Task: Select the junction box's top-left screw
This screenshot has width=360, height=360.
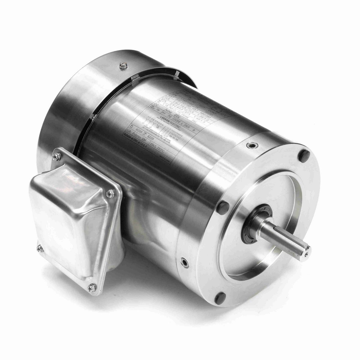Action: (56, 156)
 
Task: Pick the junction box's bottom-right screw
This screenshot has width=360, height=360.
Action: (92, 279)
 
